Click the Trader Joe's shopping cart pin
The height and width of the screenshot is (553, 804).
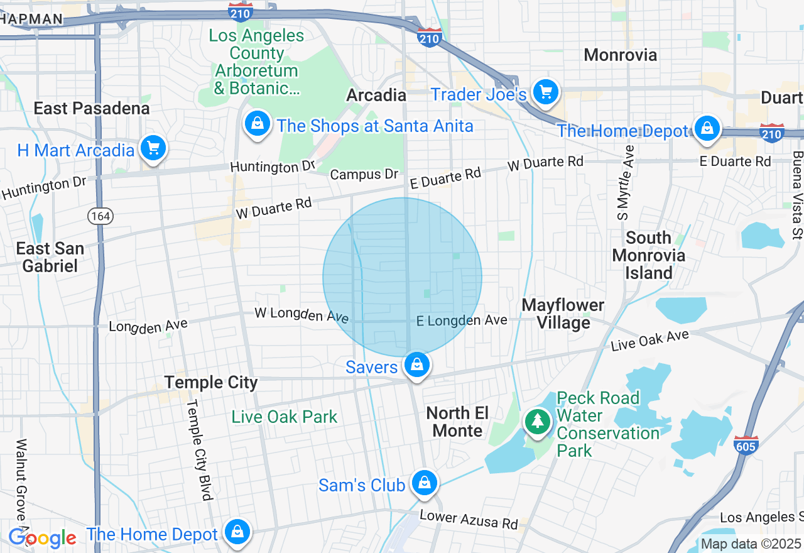545,93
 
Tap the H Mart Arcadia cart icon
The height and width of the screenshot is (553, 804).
153,148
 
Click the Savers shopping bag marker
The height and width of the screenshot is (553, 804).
416,364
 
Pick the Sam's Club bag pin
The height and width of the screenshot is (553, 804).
425,483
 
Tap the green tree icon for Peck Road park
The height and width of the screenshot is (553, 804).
537,421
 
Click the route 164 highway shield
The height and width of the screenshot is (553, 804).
100,216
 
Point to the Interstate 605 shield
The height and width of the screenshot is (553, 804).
745,444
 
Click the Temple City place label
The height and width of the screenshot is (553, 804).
211,382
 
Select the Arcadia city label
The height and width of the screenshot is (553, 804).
377,96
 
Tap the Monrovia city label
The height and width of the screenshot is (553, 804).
621,55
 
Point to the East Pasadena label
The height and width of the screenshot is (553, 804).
92,108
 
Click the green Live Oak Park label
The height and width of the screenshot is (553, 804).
285,417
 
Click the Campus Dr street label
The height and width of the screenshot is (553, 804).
364,174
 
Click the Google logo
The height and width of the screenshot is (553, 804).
42,539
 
